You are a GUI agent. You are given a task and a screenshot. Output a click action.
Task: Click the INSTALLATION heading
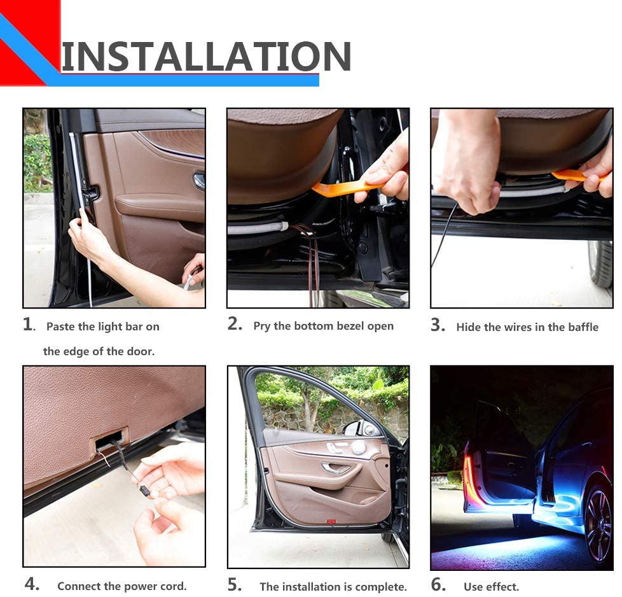pyautogui.click(x=206, y=57)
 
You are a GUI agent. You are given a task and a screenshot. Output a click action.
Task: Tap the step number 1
pyautogui.click(x=29, y=325)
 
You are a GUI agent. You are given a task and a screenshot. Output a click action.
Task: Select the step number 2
pyautogui.click(x=235, y=324)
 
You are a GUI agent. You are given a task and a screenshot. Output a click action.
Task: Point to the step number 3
pyautogui.click(x=438, y=325)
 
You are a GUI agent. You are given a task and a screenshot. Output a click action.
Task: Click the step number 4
pyautogui.click(x=32, y=584)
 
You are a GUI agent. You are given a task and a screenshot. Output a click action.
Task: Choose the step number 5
pyautogui.click(x=235, y=584)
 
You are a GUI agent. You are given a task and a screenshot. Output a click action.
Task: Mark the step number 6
pyautogui.click(x=438, y=584)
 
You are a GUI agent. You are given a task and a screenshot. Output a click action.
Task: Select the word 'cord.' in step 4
pyautogui.click(x=174, y=586)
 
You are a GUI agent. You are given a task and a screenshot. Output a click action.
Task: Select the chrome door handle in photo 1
pyautogui.click(x=198, y=180)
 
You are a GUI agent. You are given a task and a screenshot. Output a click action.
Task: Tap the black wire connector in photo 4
pyautogui.click(x=144, y=491)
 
